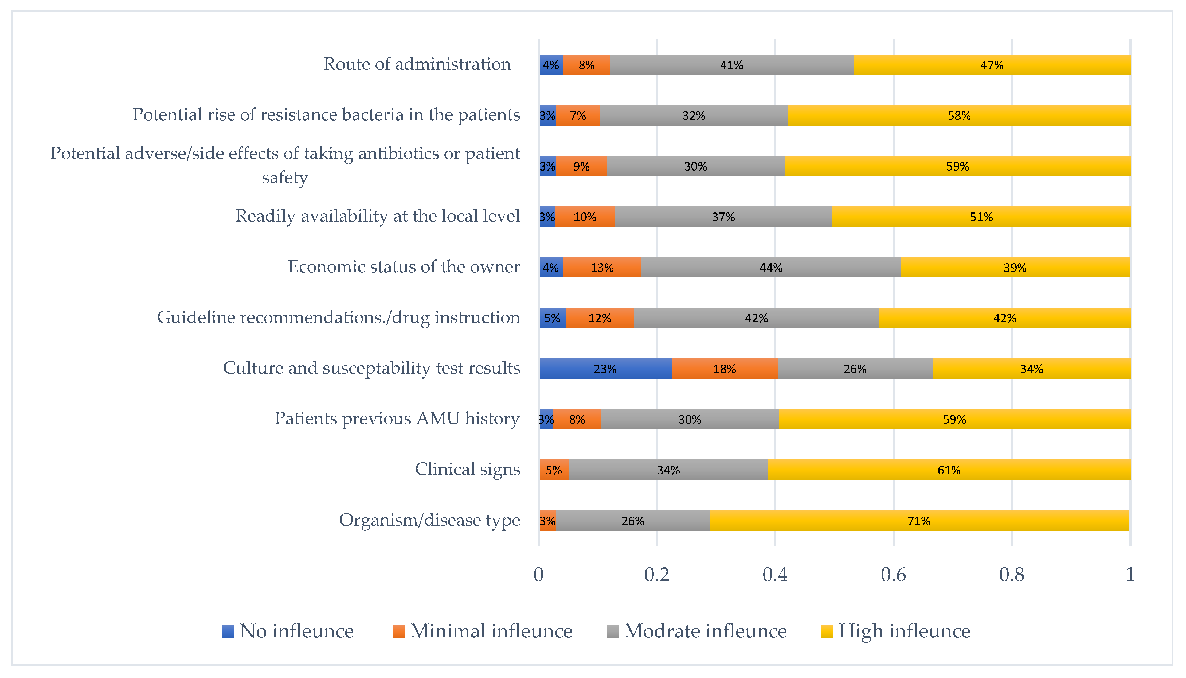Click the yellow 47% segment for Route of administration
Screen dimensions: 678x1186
(992, 65)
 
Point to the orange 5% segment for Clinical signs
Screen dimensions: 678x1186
(554, 470)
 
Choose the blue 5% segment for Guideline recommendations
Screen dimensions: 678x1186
(552, 318)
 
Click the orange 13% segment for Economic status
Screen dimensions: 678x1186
(602, 267)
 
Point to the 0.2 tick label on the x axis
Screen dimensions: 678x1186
(656, 575)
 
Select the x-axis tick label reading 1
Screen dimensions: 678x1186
(1130, 575)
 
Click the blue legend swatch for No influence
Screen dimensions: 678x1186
(228, 631)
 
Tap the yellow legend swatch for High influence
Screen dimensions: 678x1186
(827, 631)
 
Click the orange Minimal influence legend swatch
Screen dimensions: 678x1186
(399, 631)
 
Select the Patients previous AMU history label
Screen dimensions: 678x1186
(397, 419)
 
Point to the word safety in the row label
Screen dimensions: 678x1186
(285, 178)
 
